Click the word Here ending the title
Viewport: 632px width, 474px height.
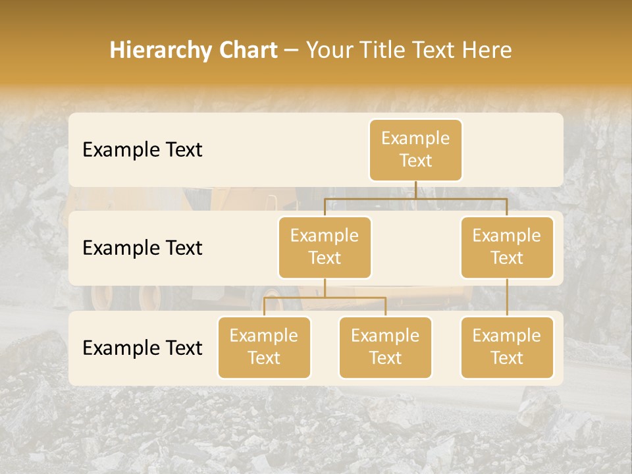tap(487, 50)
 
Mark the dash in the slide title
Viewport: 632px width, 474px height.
tap(292, 50)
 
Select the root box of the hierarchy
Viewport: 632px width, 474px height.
tap(415, 149)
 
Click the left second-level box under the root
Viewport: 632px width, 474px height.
tap(325, 247)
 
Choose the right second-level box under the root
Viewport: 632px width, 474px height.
tap(507, 247)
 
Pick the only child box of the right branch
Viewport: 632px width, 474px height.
tap(507, 347)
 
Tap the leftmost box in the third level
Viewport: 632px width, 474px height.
tap(264, 347)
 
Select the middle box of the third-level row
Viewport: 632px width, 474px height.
tap(385, 347)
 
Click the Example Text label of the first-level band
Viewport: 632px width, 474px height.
tap(142, 150)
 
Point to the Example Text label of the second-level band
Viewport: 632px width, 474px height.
tap(142, 248)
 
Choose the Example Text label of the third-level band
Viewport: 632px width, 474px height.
tap(142, 348)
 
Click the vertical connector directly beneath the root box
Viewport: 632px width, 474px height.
tap(415, 190)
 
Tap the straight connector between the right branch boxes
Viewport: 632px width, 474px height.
tap(507, 298)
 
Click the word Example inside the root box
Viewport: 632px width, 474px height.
tap(415, 138)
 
